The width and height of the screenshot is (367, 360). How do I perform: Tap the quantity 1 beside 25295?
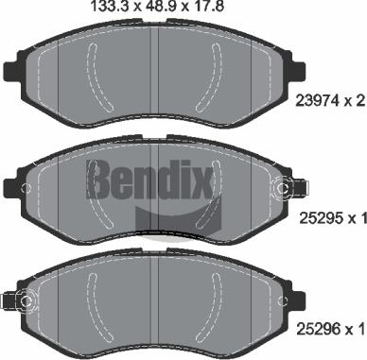pyautogui.click(x=360, y=219)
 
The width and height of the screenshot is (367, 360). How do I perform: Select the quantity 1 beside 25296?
pyautogui.click(x=360, y=329)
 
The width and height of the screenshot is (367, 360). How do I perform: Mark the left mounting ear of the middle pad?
pyautogui.click(x=13, y=184)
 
